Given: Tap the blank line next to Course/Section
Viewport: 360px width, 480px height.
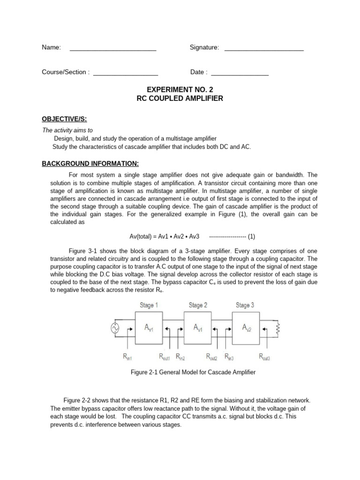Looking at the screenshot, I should coord(126,74).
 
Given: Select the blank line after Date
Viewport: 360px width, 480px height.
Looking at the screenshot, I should coord(240,74).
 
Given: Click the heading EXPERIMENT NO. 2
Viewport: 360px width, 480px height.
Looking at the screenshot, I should coord(180,89).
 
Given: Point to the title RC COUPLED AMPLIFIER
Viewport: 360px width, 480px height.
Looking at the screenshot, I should coord(180,98).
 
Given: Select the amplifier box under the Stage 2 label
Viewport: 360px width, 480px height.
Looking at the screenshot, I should coord(197,329).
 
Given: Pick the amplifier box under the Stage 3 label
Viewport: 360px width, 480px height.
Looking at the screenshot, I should coord(246,329).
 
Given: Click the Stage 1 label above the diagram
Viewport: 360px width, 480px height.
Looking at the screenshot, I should coord(149,305).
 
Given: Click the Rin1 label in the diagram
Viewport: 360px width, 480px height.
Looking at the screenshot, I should coord(128,357).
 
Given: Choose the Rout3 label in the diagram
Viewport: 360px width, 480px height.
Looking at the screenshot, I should coord(264,357).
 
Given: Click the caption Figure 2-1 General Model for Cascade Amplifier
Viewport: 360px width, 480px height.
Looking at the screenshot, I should coord(193,372).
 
